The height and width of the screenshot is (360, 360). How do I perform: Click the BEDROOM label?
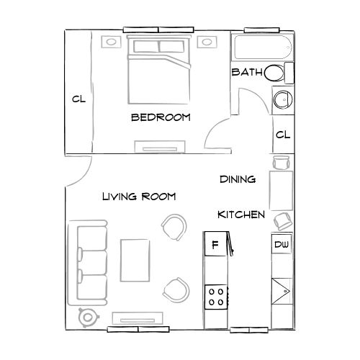pyautogui.click(x=161, y=118)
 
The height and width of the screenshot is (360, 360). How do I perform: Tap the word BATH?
pyautogui.click(x=246, y=73)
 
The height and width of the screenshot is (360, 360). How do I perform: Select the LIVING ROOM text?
pyautogui.click(x=138, y=196)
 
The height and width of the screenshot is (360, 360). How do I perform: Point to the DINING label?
pyautogui.click(x=238, y=179)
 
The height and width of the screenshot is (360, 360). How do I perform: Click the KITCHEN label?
pyautogui.click(x=241, y=215)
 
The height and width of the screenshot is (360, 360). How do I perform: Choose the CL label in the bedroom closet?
pyautogui.click(x=78, y=99)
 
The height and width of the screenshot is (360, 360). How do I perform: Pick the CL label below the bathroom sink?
pyautogui.click(x=282, y=135)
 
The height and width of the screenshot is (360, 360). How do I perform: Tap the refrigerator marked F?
pyautogui.click(x=214, y=245)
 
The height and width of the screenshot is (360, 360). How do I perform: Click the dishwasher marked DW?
pyautogui.click(x=282, y=246)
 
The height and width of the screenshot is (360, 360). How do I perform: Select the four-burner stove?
pyautogui.click(x=215, y=296)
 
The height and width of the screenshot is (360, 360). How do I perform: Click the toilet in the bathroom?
pyautogui.click(x=278, y=73)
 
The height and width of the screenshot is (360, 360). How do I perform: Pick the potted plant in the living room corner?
pyautogui.click(x=88, y=315)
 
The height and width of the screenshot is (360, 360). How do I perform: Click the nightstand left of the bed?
pyautogui.click(x=113, y=43)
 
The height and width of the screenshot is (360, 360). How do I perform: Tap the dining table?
pyautogui.click(x=281, y=189)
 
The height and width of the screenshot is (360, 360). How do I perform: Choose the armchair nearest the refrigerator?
pyautogui.click(x=174, y=228)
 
